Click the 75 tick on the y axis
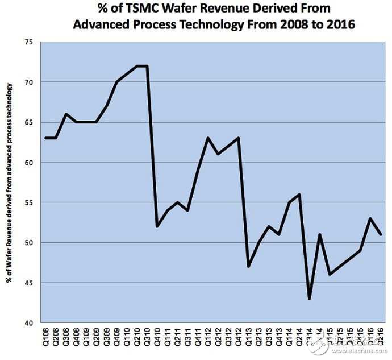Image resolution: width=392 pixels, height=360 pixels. coord(27,43)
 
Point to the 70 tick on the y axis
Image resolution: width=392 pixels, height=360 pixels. coord(27,82)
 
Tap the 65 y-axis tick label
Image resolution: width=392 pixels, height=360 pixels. coord(27,122)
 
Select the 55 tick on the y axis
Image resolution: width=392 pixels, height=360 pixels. coord(27,202)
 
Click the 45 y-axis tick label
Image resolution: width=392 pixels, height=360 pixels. coord(27,283)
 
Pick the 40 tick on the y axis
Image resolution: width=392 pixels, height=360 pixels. coord(27,322)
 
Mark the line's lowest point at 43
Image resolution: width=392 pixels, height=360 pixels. coord(309,299)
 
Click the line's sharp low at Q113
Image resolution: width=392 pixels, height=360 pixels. coord(248,266)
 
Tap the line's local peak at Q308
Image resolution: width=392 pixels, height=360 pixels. coord(66,114)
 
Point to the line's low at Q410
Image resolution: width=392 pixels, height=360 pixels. coord(157,226)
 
